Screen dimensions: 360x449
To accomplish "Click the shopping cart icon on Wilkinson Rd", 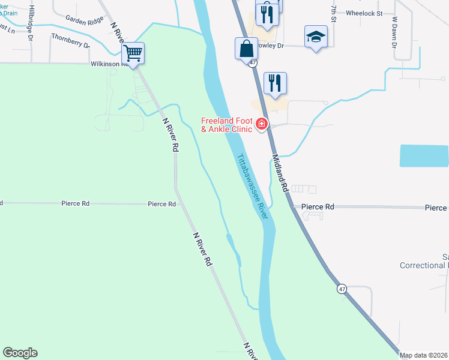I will pyautogui.click(x=133, y=53).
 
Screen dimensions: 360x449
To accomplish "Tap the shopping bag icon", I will pyautogui.click(x=247, y=48).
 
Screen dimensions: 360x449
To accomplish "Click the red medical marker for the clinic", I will pyautogui.click(x=261, y=125).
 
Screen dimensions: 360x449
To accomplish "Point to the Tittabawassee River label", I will pyautogui.click(x=252, y=187).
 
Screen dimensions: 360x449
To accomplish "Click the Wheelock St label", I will pyautogui.click(x=364, y=12).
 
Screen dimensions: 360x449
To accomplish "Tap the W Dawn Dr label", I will pyautogui.click(x=395, y=32).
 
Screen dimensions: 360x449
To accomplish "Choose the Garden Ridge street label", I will pyautogui.click(x=85, y=20).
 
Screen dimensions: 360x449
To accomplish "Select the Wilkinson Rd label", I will pyautogui.click(x=106, y=64).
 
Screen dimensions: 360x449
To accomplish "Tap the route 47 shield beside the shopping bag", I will pyautogui.click(x=253, y=62).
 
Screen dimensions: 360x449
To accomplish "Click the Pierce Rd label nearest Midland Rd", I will pyautogui.click(x=318, y=206).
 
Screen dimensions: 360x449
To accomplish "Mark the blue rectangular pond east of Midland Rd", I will pyautogui.click(x=424, y=155).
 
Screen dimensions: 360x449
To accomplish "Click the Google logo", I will pyautogui.click(x=20, y=353).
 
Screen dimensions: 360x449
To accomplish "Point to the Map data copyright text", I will pyautogui.click(x=423, y=355).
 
